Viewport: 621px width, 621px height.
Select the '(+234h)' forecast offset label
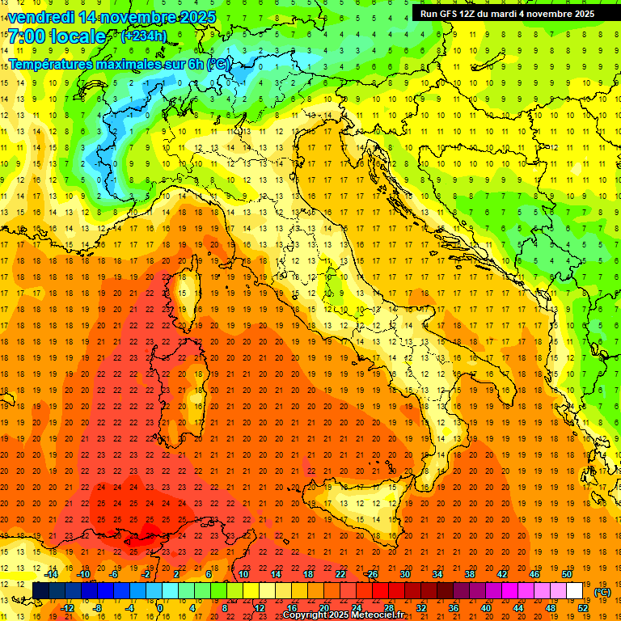point(144,36)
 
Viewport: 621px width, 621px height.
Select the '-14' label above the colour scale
point(51,574)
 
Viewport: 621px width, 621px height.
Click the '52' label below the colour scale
point(583,608)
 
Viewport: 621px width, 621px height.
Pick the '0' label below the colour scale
point(160,608)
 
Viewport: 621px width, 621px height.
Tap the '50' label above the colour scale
point(567,574)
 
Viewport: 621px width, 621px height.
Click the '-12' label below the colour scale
point(67,608)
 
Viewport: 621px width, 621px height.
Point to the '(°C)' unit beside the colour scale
point(602,592)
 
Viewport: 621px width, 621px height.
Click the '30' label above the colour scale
point(405,574)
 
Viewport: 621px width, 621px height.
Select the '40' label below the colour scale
point(486,608)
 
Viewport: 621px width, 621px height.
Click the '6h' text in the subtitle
point(194,63)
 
